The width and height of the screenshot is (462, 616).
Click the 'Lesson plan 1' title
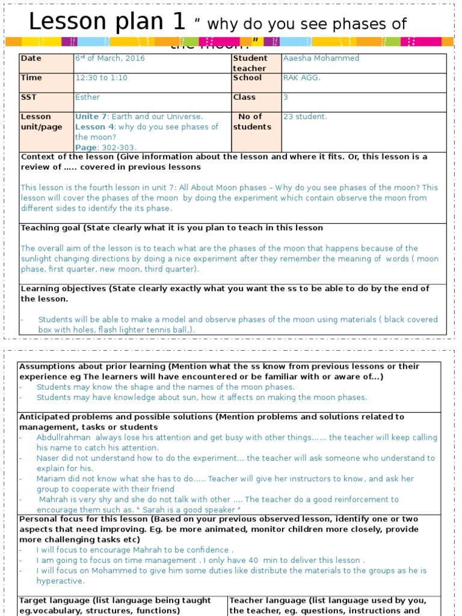coord(107,22)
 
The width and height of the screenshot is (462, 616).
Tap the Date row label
coord(31,58)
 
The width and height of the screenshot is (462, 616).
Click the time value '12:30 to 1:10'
coord(101,78)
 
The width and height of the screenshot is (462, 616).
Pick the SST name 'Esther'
coord(87,97)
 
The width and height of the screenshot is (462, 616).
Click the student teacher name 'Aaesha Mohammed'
coord(321,58)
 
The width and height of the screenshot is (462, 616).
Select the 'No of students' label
coord(252,122)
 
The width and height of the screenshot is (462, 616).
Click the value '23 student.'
coord(305,117)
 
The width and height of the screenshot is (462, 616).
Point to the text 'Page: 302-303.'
coord(106,147)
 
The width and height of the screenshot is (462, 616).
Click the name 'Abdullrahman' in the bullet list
coord(63,438)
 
